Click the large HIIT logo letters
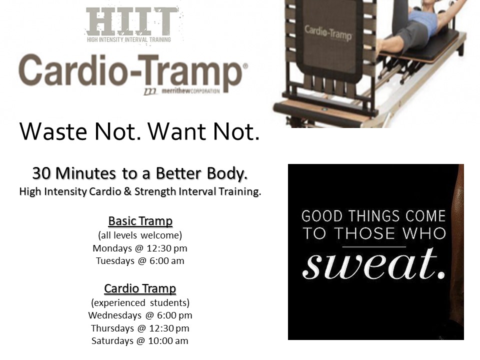(x=132, y=21)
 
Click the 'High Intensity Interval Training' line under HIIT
(x=129, y=39)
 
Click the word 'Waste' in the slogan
(x=53, y=131)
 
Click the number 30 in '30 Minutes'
(x=41, y=173)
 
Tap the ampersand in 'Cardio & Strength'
(x=127, y=191)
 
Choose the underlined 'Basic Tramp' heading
(x=140, y=221)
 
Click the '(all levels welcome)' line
(x=140, y=235)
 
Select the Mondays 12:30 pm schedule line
(x=140, y=248)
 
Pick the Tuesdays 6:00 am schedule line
(x=140, y=261)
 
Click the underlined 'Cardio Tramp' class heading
(x=140, y=288)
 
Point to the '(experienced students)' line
(x=140, y=303)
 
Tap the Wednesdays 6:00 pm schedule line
(x=140, y=315)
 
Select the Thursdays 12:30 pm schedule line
(x=140, y=328)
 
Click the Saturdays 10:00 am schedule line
(x=140, y=340)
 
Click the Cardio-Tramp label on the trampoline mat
(x=328, y=33)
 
